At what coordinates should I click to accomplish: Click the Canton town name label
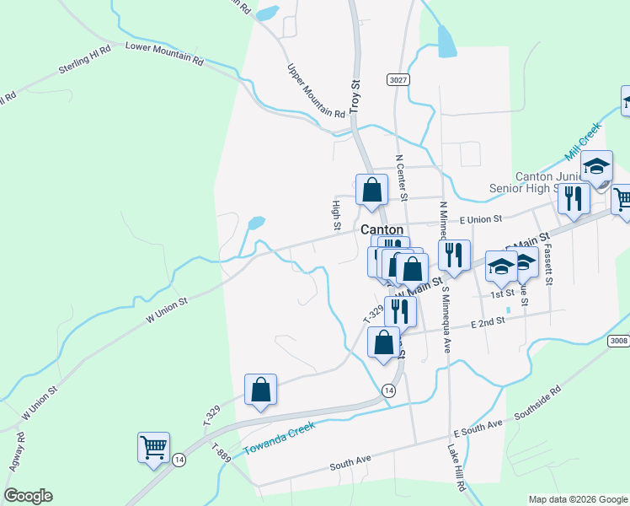pyautogui.click(x=382, y=229)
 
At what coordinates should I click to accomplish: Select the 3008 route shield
pyautogui.click(x=618, y=340)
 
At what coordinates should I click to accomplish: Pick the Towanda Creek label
pyautogui.click(x=278, y=439)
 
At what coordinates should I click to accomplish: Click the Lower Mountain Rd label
pyautogui.click(x=164, y=53)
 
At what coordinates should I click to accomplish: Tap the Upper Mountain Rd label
pyautogui.click(x=316, y=91)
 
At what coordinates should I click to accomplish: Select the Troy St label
pyautogui.click(x=355, y=96)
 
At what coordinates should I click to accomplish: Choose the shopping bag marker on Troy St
pyautogui.click(x=371, y=190)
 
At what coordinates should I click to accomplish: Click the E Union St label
pyautogui.click(x=480, y=219)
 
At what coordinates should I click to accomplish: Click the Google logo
pyautogui.click(x=28, y=496)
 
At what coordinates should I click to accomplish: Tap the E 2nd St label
pyautogui.click(x=489, y=321)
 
